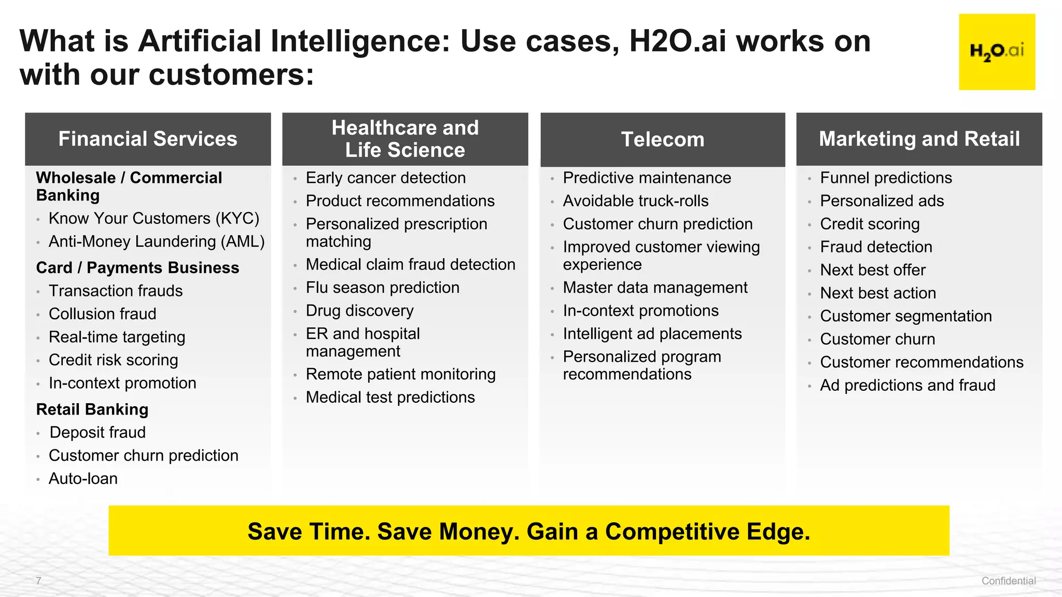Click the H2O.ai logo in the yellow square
click(997, 52)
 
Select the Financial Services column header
click(148, 139)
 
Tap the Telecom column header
click(663, 139)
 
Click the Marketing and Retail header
click(919, 139)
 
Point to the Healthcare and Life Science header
click(405, 139)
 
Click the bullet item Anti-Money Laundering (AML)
click(157, 241)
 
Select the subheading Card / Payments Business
click(137, 268)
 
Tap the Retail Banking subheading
click(92, 409)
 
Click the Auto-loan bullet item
click(83, 478)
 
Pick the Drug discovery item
click(359, 310)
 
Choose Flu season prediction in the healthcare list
click(382, 288)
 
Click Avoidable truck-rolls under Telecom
click(635, 201)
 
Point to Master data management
click(655, 288)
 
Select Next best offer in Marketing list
click(873, 270)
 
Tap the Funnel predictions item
click(886, 178)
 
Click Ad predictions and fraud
click(907, 385)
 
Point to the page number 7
click(38, 580)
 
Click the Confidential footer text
click(1008, 581)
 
